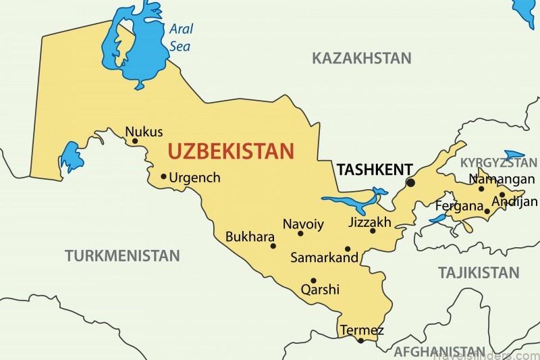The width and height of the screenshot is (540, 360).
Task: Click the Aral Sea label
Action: pyautogui.click(x=180, y=38)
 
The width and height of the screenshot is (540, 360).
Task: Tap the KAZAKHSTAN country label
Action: pyautogui.click(x=361, y=59)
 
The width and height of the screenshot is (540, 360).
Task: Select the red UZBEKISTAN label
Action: pyautogui.click(x=231, y=151)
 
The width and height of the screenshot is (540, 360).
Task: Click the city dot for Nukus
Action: pyautogui.click(x=135, y=141)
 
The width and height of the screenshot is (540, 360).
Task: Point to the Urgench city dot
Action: pyautogui.click(x=163, y=177)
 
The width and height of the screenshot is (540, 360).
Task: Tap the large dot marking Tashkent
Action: pyautogui.click(x=410, y=183)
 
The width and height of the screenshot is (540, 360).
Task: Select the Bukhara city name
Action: pyautogui.click(x=250, y=237)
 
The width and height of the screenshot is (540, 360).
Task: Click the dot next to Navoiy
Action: pyautogui.click(x=300, y=234)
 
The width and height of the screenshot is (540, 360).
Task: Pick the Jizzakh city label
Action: pyautogui.click(x=370, y=222)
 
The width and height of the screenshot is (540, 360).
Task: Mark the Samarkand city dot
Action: pyautogui.click(x=348, y=249)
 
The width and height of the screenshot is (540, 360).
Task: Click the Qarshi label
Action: pyautogui.click(x=320, y=290)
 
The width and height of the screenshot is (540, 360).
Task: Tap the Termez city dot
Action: pyautogui.click(x=360, y=340)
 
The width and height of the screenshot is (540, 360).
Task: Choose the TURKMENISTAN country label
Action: pyautogui.click(x=122, y=256)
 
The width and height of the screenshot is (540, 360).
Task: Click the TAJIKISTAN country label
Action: pyautogui.click(x=479, y=273)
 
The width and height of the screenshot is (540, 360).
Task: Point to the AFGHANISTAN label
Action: pyautogui.click(x=439, y=352)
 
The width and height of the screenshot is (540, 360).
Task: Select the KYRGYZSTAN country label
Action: pyautogui.click(x=499, y=163)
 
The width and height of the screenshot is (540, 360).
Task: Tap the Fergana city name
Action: pyautogui.click(x=458, y=205)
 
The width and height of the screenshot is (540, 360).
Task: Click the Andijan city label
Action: pyautogui.click(x=515, y=201)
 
